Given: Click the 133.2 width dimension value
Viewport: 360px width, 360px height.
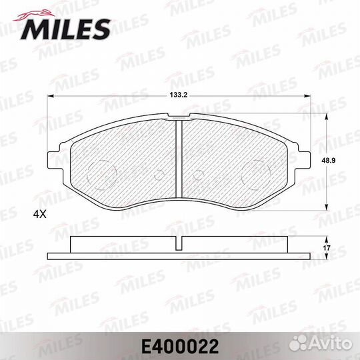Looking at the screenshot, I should pyautogui.click(x=176, y=95).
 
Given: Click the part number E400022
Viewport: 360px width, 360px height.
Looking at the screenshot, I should pyautogui.click(x=179, y=345).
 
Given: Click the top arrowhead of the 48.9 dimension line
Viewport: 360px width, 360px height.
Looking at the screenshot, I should pyautogui.click(x=325, y=115).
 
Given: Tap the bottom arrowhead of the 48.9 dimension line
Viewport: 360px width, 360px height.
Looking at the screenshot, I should pyautogui.click(x=325, y=207).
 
